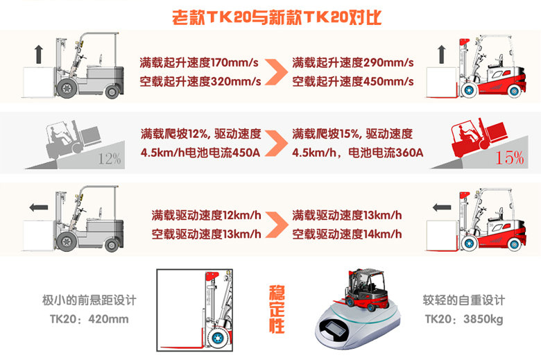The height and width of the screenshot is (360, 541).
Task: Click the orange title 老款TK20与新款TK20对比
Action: click(x=277, y=17)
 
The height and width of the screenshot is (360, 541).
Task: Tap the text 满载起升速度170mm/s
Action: click(x=199, y=63)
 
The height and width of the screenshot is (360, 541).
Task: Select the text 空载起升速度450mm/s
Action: click(x=352, y=81)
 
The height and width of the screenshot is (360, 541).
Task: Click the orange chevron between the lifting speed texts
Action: click(x=276, y=72)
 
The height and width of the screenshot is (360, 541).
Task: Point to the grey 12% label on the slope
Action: click(x=110, y=159)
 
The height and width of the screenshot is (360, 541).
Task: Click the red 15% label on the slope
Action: click(x=510, y=157)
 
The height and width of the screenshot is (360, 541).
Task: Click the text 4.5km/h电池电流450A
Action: click(x=200, y=153)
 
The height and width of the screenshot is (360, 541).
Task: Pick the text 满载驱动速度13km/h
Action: click(x=347, y=216)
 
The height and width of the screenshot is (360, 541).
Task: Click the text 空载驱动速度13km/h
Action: click(x=206, y=234)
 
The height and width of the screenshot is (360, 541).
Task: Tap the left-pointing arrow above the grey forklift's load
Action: click(x=39, y=207)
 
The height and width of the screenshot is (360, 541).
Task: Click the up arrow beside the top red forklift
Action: click(x=442, y=54)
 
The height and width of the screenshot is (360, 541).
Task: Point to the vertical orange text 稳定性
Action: click(x=277, y=309)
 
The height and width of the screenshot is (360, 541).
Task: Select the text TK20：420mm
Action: click(x=89, y=319)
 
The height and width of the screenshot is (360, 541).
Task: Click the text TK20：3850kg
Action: click(x=464, y=319)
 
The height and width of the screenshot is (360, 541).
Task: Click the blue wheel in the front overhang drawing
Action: click(x=217, y=338)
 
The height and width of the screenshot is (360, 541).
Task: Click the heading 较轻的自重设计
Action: click(x=464, y=300)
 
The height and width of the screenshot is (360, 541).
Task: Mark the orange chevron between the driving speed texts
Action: click(x=277, y=225)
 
